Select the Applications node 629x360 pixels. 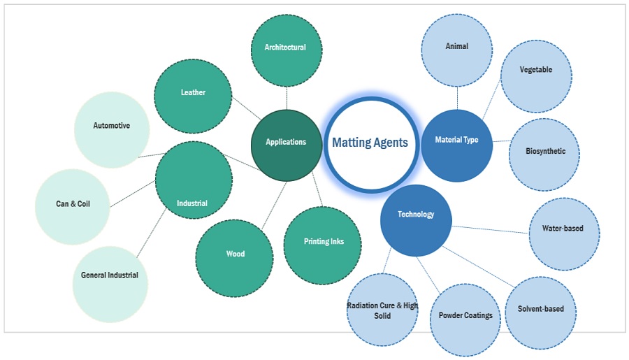tap(286, 142)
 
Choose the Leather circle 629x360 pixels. tap(193, 92)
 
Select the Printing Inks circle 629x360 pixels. tap(323, 243)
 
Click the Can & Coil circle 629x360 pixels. tap(73, 205)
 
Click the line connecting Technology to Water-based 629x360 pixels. tap(489, 229)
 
